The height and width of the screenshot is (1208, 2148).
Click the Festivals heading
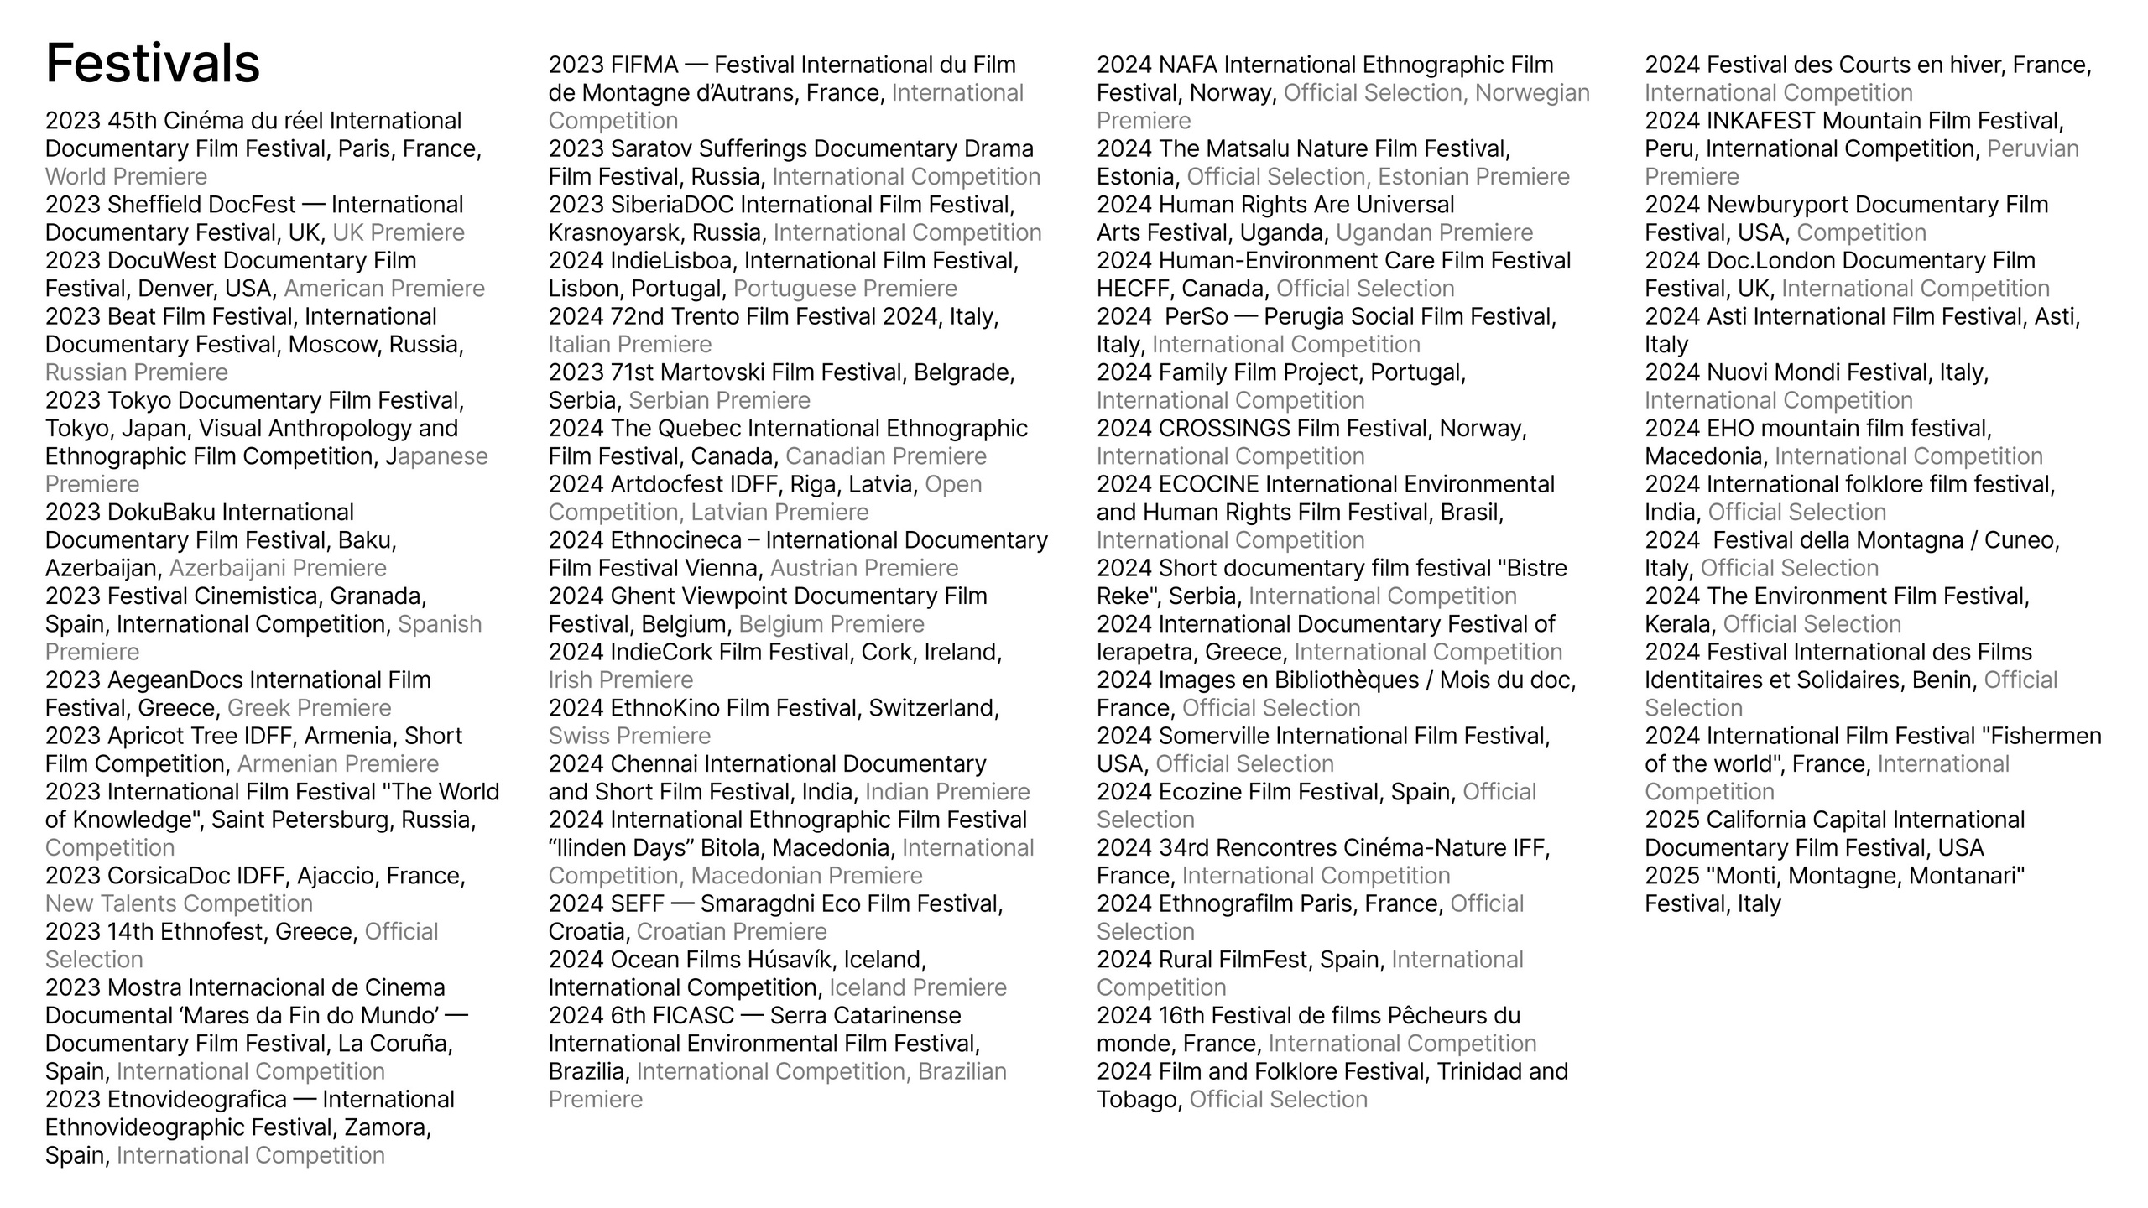pos(153,63)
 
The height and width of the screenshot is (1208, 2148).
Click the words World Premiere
pos(126,177)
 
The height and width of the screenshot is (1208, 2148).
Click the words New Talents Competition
pos(179,903)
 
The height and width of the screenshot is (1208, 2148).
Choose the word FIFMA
pos(644,65)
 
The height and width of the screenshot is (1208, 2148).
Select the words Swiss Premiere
pos(629,736)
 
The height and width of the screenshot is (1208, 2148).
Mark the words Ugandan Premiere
pos(1434,232)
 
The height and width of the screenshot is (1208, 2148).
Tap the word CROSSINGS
pos(1223,429)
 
